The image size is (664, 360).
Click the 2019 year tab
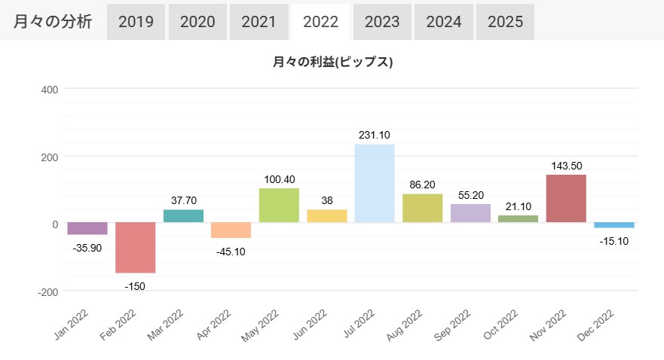coord(136,21)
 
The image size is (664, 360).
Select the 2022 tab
coord(320,21)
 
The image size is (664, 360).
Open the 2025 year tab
coord(505,21)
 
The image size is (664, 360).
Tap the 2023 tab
coord(382,21)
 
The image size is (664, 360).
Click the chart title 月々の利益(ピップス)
coord(333,63)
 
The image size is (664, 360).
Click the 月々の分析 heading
coord(53,21)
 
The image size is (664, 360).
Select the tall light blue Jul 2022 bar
coord(375,184)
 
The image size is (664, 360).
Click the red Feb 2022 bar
coord(135,248)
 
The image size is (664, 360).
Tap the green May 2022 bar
coord(279,206)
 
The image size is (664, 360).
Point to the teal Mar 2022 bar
coord(183,216)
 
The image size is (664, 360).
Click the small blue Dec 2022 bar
coord(614,225)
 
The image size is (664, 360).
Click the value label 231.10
coord(375,135)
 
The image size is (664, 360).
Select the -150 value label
coord(135,285)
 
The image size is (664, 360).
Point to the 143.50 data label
coord(566,166)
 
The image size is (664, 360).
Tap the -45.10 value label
coord(231,251)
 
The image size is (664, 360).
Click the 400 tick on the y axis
coord(50,89)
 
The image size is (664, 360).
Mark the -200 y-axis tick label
coord(48,291)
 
